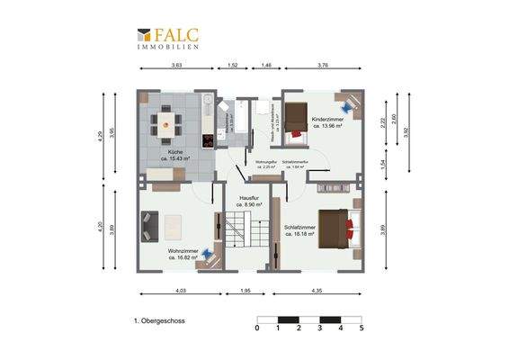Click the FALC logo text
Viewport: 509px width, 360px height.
click(177, 35)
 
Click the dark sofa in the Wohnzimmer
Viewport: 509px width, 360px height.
click(149, 226)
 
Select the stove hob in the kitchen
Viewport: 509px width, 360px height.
click(208, 140)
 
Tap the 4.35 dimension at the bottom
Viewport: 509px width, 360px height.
click(318, 292)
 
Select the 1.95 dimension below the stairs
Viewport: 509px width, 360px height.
click(246, 292)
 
